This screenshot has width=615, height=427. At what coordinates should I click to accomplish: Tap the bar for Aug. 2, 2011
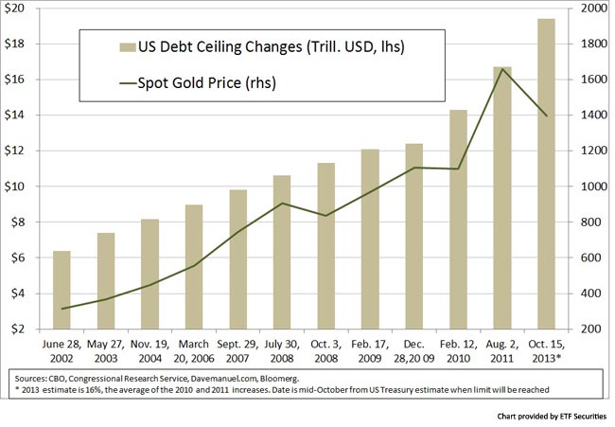[x=502, y=198]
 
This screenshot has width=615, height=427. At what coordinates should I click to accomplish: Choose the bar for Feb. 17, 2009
[x=372, y=239]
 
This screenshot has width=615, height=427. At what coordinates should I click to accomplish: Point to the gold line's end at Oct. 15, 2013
[x=546, y=116]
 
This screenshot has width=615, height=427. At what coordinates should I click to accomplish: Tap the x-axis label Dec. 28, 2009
[x=415, y=347]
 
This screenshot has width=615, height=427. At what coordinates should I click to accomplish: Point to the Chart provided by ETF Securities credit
[x=549, y=416]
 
